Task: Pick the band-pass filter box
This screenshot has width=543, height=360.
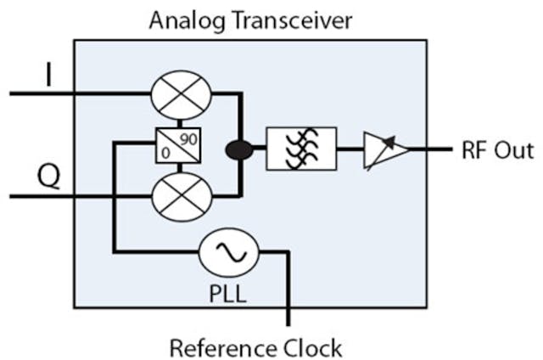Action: click(301, 149)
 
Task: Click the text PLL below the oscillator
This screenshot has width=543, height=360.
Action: click(225, 295)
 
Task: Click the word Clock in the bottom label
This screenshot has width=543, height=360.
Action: click(312, 346)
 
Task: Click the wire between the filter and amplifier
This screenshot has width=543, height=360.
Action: click(350, 149)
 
